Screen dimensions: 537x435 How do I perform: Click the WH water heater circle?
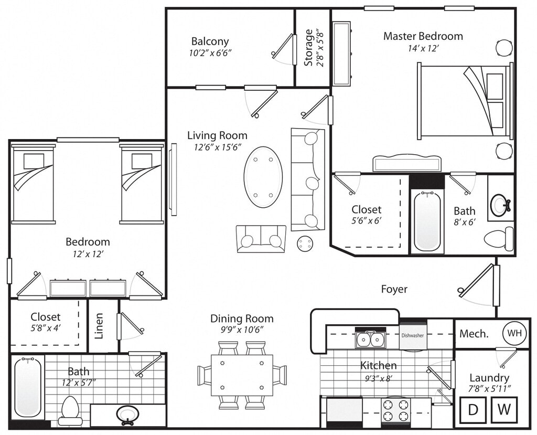[x=514, y=333]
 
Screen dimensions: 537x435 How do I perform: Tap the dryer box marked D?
[x=473, y=410]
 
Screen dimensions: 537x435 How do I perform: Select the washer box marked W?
[x=504, y=410]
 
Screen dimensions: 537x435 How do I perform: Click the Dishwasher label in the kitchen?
[x=413, y=336]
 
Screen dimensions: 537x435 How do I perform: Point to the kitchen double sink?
[x=370, y=339]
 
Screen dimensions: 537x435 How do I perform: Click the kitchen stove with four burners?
[x=396, y=411]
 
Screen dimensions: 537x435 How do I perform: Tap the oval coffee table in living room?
[x=263, y=177]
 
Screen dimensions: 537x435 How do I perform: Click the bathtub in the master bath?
[x=427, y=221]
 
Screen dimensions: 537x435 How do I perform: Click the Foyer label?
[x=394, y=289]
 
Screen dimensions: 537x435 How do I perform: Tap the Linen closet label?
[x=99, y=326]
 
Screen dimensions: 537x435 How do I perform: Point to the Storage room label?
[x=308, y=48]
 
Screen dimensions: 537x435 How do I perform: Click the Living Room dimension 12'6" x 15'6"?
[x=218, y=147]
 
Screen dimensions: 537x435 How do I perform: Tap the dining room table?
[x=242, y=375]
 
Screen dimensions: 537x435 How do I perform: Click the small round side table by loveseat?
[x=305, y=243]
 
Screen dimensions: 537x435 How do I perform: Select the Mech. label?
[x=474, y=334]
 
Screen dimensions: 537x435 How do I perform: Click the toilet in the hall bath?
[x=70, y=410]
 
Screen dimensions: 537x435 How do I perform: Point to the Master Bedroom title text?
[x=423, y=36]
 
